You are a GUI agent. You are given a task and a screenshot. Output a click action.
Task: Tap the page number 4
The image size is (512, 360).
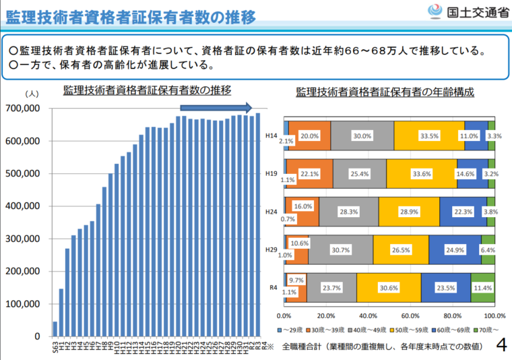[501, 346]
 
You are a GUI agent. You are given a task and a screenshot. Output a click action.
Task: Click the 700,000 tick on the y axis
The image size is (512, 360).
[22, 109]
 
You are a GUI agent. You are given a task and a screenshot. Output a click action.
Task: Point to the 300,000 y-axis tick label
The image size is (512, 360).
[22, 239]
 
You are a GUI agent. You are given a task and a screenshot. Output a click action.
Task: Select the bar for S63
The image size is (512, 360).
[55, 328]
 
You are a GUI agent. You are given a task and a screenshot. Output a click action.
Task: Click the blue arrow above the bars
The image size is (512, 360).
[216, 107]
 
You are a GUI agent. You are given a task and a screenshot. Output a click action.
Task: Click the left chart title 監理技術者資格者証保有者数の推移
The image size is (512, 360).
[147, 90]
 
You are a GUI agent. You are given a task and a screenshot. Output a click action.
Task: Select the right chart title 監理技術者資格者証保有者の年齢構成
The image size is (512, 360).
[385, 92]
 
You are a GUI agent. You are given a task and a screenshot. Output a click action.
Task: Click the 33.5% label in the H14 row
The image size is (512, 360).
[429, 136]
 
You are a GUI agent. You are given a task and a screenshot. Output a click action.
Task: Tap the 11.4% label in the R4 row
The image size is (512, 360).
[482, 287]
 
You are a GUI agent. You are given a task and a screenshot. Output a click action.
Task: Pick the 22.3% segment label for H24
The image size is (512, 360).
[463, 212]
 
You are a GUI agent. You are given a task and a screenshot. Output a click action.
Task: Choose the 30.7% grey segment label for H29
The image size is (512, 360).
[341, 249]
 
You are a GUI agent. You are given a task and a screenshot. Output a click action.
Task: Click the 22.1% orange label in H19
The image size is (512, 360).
[309, 173]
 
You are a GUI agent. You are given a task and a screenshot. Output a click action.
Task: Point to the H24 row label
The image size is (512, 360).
[271, 212]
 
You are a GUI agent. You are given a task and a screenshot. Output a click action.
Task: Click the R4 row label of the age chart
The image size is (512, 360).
[273, 287]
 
